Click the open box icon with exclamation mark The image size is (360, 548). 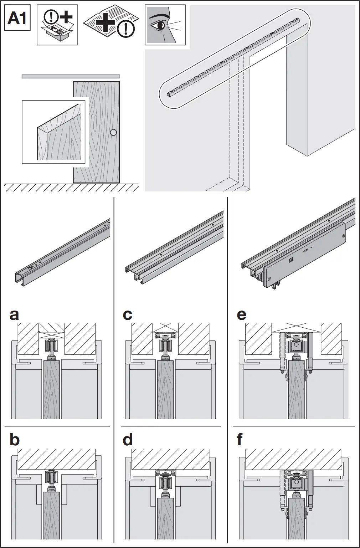[x=57, y=25]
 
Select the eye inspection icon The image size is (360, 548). [x=165, y=25]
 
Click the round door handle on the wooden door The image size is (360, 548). [x=113, y=133]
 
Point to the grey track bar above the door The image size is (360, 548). [x=71, y=76]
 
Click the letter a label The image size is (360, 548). [x=14, y=315]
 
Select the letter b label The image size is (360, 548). [x=14, y=440]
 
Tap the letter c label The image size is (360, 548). [x=127, y=315]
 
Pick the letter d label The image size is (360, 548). [x=128, y=440]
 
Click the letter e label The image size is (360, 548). [x=241, y=315]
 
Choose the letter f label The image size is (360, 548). [x=240, y=440]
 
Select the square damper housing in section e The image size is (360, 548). [x=296, y=345]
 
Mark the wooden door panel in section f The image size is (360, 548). [x=296, y=524]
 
